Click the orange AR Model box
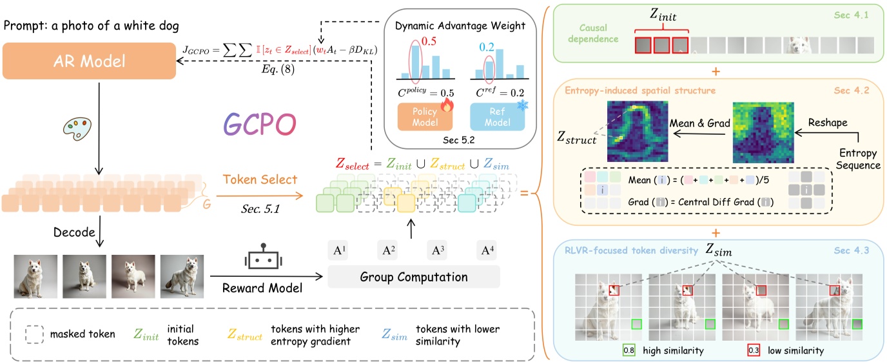pyautogui.click(x=89, y=61)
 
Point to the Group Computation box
pyautogui.click(x=414, y=278)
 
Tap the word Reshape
pyautogui.click(x=827, y=121)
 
